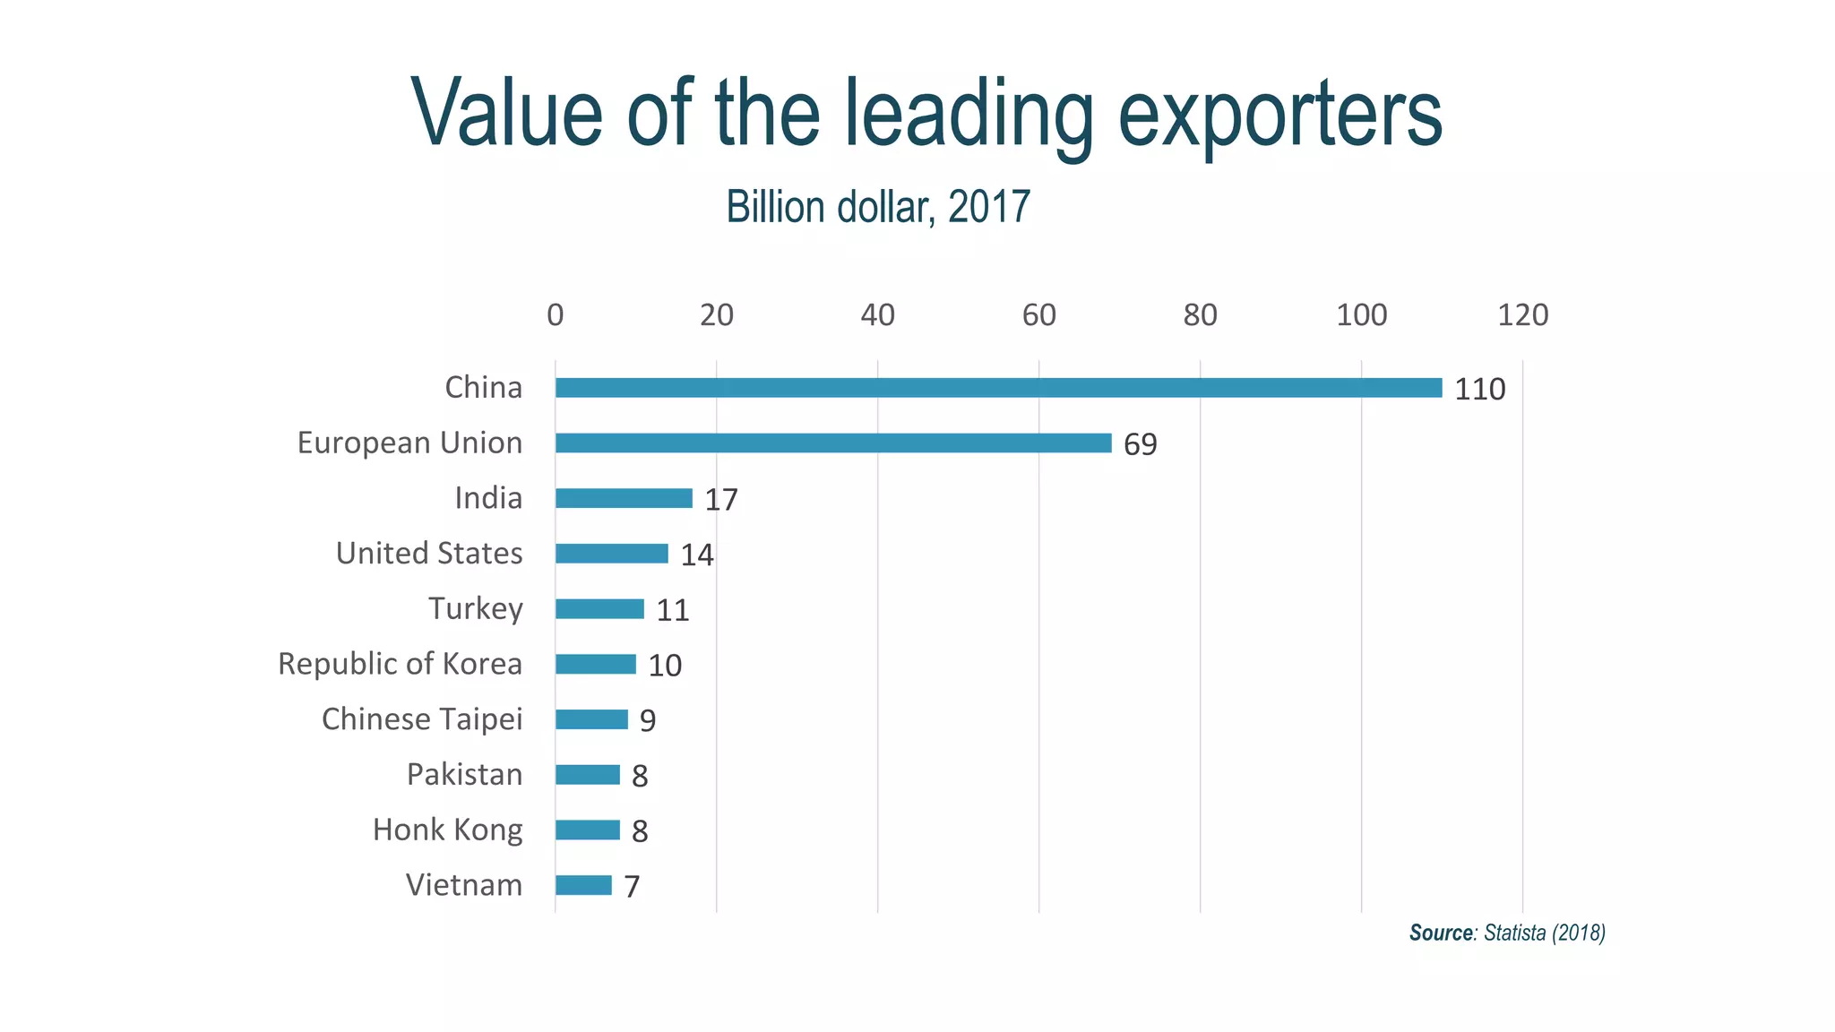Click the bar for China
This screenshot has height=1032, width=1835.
(x=998, y=388)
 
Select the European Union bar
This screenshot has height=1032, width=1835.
(x=833, y=443)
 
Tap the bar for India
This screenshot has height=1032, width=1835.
(x=624, y=498)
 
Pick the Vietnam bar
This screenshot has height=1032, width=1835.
(x=583, y=885)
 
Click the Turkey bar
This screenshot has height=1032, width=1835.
(x=599, y=609)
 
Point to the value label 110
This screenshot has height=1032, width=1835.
(x=1479, y=390)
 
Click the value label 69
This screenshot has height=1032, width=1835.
(x=1140, y=445)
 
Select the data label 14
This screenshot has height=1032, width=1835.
(x=696, y=555)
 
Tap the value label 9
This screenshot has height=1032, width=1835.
(x=647, y=721)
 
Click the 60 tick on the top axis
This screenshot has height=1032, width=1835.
(x=1038, y=315)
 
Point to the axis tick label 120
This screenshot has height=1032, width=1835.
(x=1522, y=315)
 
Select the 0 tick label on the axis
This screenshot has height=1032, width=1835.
(x=556, y=315)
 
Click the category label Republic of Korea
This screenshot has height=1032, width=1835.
(x=400, y=664)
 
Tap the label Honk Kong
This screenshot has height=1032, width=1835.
(x=447, y=830)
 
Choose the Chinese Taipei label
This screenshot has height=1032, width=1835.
(x=421, y=719)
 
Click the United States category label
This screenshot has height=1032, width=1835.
(x=428, y=554)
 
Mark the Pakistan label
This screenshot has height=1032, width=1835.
(x=464, y=775)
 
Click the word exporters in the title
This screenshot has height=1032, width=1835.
(x=1280, y=114)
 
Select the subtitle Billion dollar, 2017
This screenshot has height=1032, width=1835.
(x=878, y=207)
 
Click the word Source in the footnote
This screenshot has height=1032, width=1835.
(x=1441, y=933)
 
